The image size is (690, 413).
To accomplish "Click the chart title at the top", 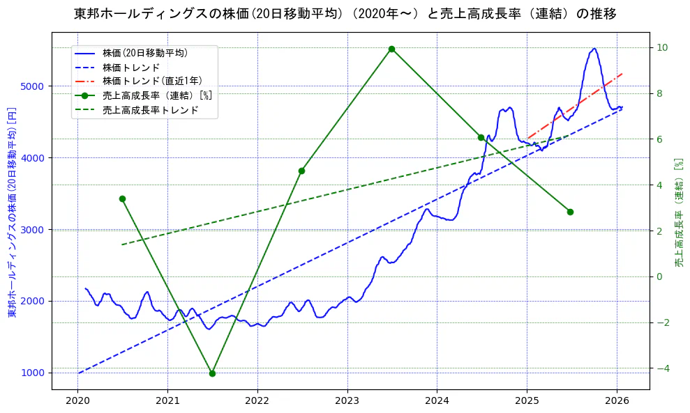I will click(345, 14).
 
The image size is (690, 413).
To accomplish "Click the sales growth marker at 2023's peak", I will click(391, 49).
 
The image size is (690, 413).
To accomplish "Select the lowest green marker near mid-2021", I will click(212, 373).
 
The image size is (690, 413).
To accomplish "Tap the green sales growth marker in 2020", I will click(122, 198).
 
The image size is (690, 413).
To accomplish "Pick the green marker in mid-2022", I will click(301, 171).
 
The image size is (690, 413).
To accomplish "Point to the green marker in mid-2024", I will click(481, 137).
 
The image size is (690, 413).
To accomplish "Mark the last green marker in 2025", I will click(570, 212).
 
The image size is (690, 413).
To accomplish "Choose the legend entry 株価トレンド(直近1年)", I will click(151, 81).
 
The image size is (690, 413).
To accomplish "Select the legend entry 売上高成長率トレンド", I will click(150, 110).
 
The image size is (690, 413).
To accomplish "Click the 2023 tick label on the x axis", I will click(347, 400).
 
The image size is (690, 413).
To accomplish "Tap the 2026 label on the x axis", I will click(617, 400).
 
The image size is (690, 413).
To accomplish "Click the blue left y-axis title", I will click(11, 212).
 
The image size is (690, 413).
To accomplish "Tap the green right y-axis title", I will click(679, 212).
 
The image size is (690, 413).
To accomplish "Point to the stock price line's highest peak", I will click(594, 49).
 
